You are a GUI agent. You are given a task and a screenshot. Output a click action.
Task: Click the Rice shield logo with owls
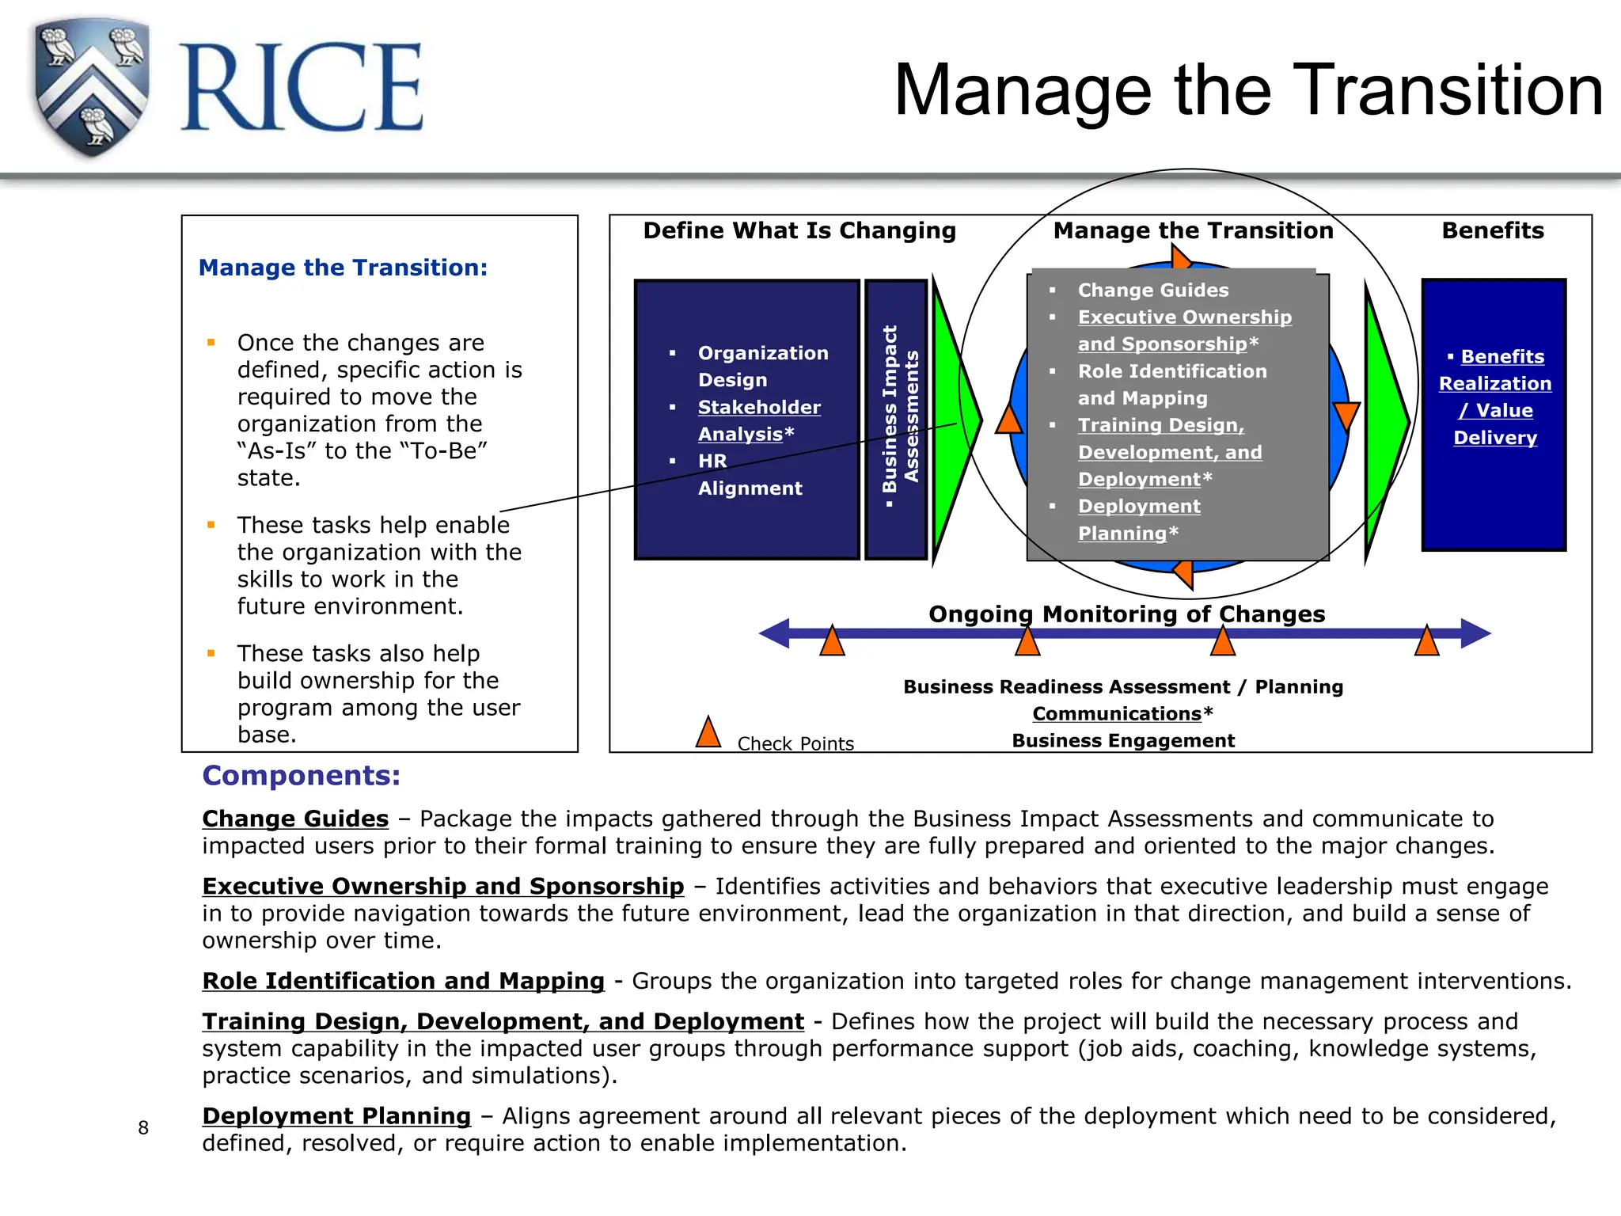click(x=92, y=87)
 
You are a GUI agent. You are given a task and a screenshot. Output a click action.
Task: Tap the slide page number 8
click(x=143, y=1127)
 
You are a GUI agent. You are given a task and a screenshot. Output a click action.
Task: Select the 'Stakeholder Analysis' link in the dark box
click(x=758, y=420)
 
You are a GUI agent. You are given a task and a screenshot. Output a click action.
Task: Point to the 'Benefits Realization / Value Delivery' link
click(x=1494, y=397)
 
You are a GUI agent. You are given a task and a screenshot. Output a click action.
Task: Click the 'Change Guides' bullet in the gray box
click(x=1152, y=291)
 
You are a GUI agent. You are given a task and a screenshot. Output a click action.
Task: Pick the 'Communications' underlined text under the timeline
click(x=1116, y=713)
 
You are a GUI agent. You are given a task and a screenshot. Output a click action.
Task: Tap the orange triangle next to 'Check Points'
click(x=708, y=733)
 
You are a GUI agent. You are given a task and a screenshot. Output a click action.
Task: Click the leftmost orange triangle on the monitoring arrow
click(x=832, y=642)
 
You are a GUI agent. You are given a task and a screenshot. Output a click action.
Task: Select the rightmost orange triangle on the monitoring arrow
click(x=1426, y=642)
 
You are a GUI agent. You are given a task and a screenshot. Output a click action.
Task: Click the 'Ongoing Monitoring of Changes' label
click(x=1126, y=614)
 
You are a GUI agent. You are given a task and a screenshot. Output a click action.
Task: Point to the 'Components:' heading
click(x=302, y=776)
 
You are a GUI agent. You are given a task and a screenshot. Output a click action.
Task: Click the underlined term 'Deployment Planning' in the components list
click(x=336, y=1116)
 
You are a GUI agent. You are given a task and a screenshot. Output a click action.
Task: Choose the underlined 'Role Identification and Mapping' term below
click(x=403, y=981)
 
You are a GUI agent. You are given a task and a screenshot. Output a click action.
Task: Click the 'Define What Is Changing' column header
click(x=799, y=230)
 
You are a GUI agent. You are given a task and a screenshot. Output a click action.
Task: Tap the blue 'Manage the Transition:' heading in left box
click(x=343, y=268)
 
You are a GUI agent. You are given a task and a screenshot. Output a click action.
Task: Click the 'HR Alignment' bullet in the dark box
click(x=749, y=474)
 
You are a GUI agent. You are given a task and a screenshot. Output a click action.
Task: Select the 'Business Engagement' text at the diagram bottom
click(x=1123, y=741)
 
